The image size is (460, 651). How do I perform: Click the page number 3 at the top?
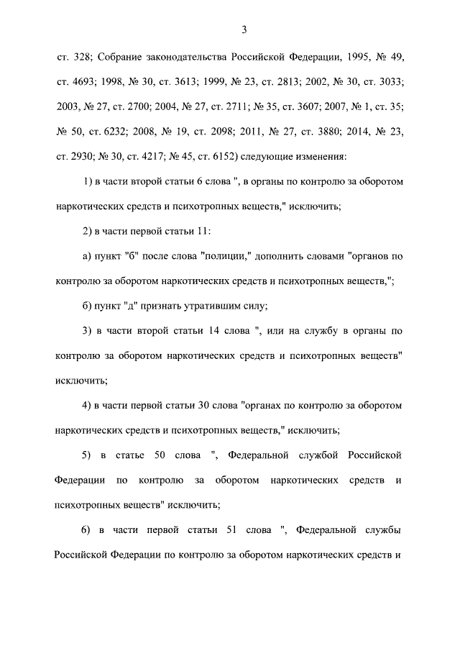tap(244, 29)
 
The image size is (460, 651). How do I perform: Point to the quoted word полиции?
tap(223, 255)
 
